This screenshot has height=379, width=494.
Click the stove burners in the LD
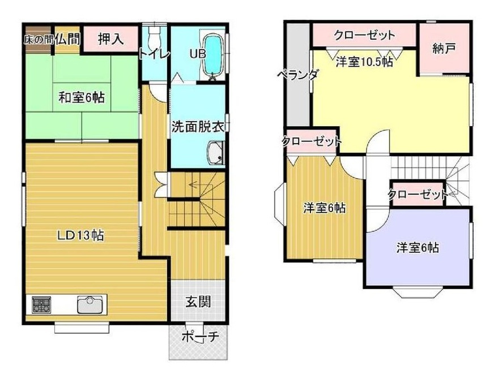(41, 305)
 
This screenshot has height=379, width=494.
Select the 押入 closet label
(110, 39)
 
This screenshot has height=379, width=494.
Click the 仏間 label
(67, 39)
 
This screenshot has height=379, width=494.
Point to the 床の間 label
(37, 40)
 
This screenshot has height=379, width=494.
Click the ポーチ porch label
(200, 337)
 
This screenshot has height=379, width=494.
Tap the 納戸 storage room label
(444, 49)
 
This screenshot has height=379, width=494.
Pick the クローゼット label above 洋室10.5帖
(364, 35)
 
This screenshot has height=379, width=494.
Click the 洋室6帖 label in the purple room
(418, 247)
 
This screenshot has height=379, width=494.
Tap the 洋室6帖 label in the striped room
(325, 208)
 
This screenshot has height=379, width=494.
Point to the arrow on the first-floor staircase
(195, 183)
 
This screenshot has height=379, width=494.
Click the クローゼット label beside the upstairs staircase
(418, 195)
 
